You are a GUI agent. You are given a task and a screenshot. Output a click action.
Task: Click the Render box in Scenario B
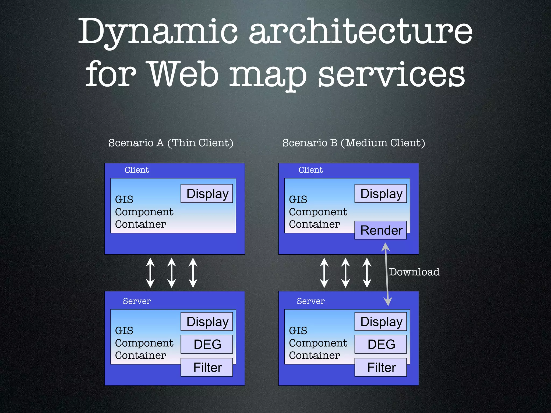pos(380,230)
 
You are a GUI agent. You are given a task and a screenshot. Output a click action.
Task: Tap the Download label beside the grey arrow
pos(414,272)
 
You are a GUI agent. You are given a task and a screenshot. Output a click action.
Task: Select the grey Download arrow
pos(387,274)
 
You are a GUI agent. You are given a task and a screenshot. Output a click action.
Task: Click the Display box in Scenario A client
pos(207,194)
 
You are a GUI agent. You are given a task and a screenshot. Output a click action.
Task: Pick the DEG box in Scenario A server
pos(207,344)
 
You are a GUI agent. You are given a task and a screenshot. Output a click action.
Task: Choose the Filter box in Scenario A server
pos(207,367)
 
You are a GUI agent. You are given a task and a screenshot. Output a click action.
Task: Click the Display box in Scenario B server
pos(380,322)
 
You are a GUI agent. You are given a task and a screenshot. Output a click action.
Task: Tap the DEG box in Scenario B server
pos(380,344)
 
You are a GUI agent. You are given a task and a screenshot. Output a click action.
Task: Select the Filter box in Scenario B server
pos(380,367)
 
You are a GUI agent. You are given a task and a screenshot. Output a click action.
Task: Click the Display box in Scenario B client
pos(380,194)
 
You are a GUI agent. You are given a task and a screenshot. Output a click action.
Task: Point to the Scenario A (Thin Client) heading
pos(171,143)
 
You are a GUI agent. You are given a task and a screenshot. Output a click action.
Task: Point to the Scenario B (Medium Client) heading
pos(354,143)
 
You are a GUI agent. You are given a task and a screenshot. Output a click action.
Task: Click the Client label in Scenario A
pos(137,170)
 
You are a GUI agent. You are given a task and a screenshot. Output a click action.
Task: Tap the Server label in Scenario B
pos(311,301)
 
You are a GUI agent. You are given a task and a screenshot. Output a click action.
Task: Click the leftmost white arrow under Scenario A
pos(150,273)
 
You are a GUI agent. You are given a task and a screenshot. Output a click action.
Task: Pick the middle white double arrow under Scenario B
pos(345,273)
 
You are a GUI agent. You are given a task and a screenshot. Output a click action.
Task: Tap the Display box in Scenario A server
pos(207,322)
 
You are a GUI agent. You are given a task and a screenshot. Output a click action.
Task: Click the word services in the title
pos(391,75)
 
